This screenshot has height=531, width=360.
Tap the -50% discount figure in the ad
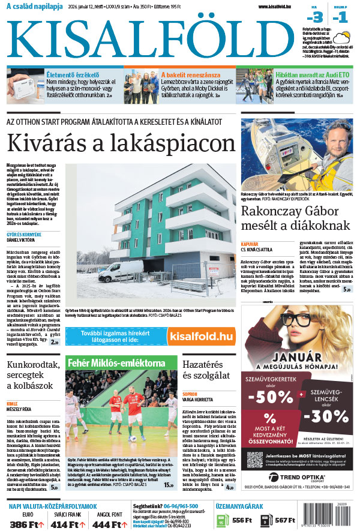(x=269, y=398)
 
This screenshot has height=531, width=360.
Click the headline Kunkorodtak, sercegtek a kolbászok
(x=33, y=376)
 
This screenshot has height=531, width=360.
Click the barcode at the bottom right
(x=339, y=521)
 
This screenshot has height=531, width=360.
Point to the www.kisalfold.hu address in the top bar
(x=278, y=7)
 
